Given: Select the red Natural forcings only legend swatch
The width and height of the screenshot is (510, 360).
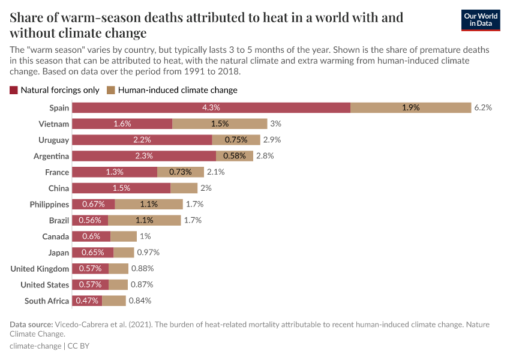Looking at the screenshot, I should point(14,91).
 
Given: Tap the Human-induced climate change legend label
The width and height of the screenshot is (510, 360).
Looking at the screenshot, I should point(178,91).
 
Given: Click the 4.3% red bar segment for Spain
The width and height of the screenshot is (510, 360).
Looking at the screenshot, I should point(211,108).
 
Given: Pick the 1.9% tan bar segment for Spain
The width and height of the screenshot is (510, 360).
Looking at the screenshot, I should point(410,108).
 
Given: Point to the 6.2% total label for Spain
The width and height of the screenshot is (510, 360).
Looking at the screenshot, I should point(483,108).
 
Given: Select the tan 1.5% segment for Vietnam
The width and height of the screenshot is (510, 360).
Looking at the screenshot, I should point(220,124).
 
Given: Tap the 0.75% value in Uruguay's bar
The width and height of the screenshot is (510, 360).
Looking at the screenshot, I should point(236,140).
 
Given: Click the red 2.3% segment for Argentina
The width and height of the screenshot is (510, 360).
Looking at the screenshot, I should point(144,156).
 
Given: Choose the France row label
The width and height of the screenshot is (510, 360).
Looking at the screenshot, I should point(57,172).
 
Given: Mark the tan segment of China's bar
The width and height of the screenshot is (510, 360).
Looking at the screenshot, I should point(184,188).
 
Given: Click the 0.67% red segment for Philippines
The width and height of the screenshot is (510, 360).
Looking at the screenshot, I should point(93,204).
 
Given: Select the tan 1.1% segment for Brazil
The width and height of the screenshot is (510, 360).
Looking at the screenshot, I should point(144,220).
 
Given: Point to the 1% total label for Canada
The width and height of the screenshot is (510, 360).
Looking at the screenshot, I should point(145,236).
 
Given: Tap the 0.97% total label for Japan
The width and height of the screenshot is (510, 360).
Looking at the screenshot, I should point(148,253).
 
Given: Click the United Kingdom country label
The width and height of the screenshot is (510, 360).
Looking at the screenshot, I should point(40,269).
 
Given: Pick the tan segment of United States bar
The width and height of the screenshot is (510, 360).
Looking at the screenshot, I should point(118,284).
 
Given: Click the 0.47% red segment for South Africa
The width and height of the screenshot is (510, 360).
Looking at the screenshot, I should point(87,301).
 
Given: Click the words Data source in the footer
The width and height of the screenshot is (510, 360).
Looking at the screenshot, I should point(31,325).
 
